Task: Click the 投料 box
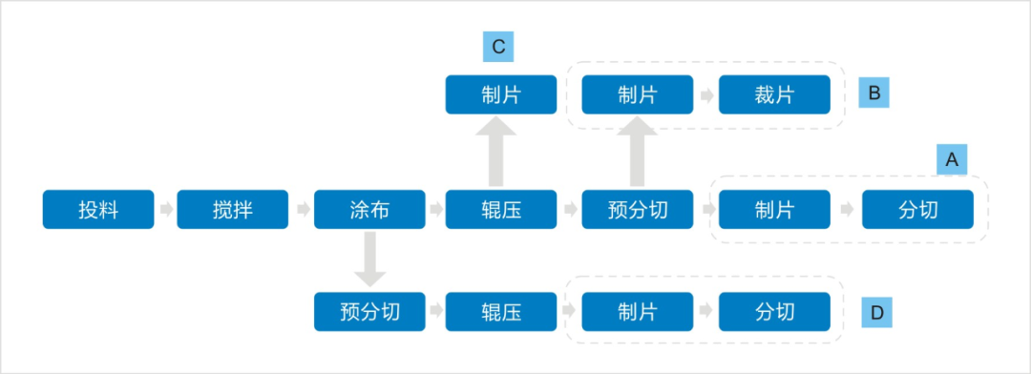coord(98,209)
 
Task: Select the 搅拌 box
coord(233,209)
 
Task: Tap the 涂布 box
coord(369,209)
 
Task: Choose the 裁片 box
coord(774,94)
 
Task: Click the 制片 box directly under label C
coord(501,94)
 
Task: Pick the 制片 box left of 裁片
coord(638,94)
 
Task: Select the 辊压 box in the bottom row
coord(501,312)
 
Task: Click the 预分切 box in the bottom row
coord(369,312)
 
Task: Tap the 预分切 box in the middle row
coord(638,209)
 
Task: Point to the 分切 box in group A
coord(917,209)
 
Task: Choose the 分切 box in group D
coord(774,312)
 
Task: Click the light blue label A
coord(951,160)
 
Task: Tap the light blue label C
coord(498,47)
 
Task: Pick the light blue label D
coord(874,312)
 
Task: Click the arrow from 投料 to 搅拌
coord(165,209)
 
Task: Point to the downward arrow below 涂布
coord(369,260)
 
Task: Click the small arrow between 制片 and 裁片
coord(706,95)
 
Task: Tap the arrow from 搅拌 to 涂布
coord(301,209)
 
